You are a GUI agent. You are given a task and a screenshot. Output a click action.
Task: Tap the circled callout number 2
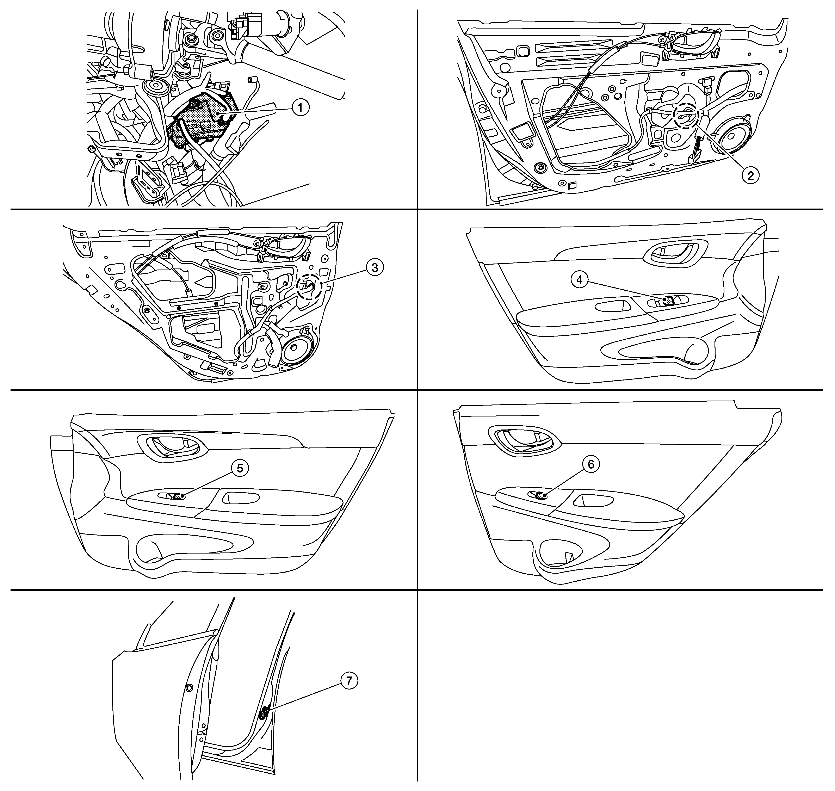750,175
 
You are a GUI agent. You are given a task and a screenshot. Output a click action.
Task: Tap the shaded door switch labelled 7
264,713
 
